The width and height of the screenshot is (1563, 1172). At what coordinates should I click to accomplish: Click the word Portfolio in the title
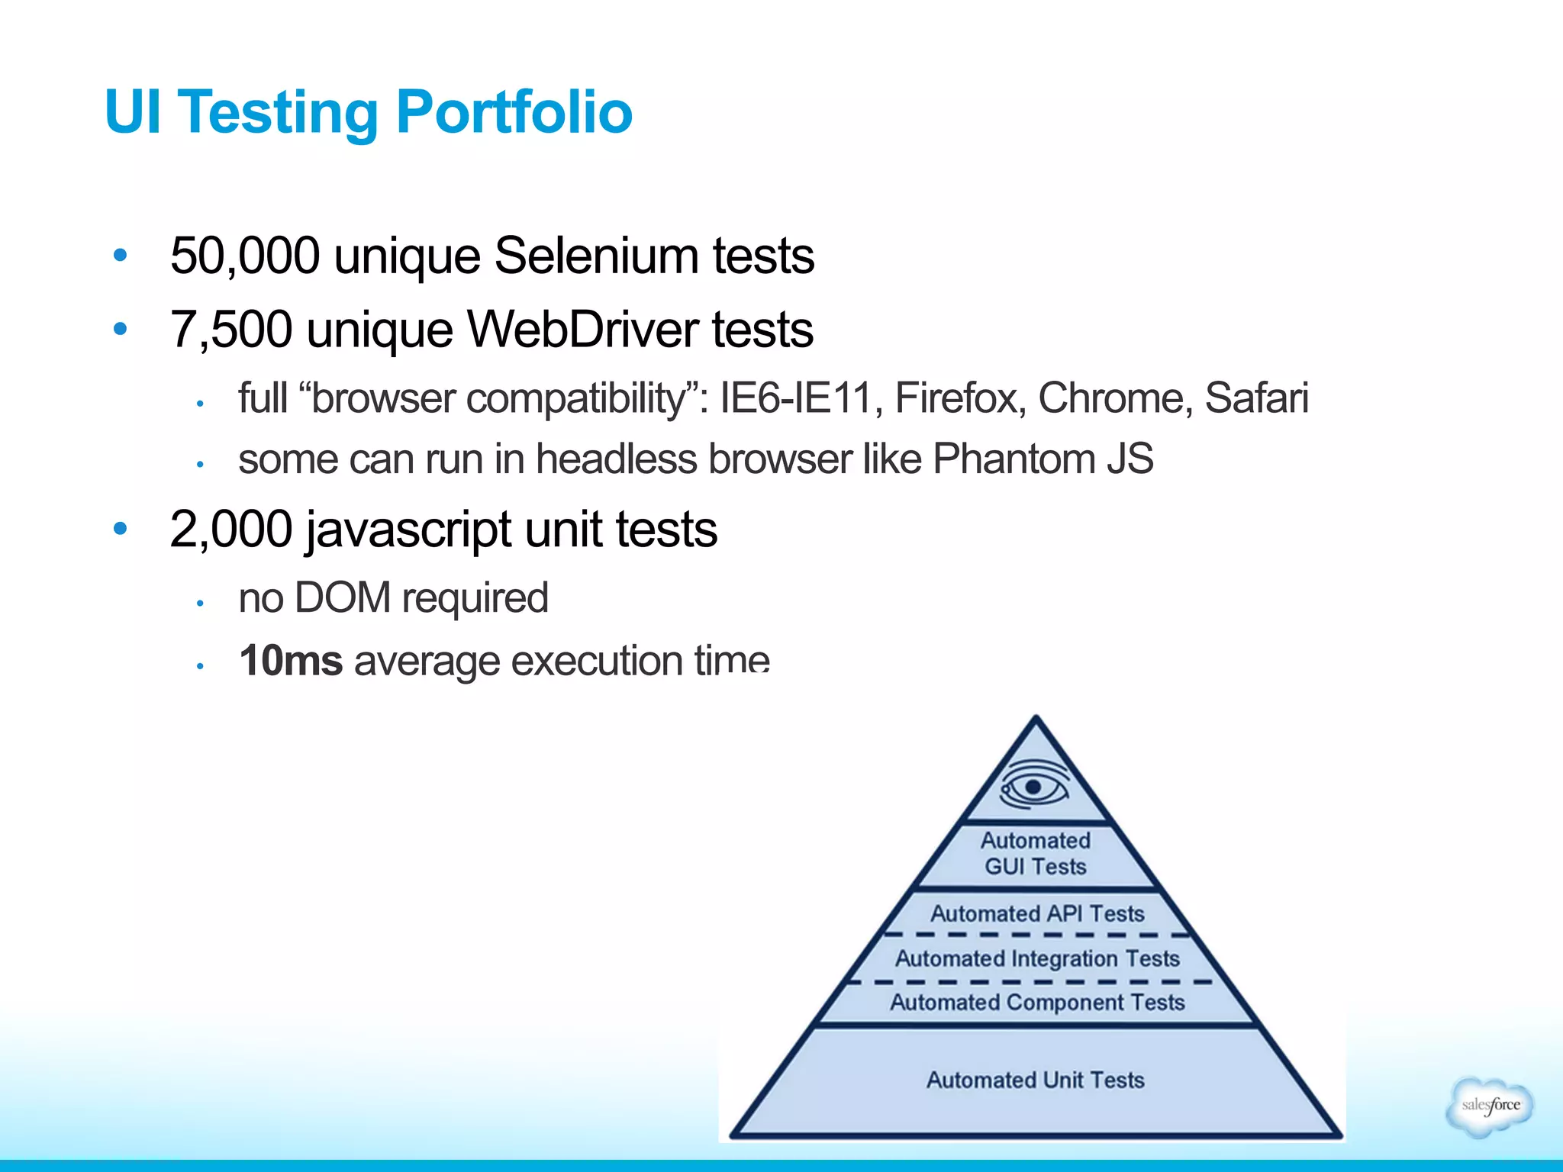coord(514,112)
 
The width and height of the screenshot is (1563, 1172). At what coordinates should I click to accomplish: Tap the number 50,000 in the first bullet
coord(244,256)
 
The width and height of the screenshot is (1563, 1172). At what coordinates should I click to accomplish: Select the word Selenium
coord(595,256)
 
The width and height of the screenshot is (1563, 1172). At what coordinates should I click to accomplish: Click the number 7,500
coord(230,330)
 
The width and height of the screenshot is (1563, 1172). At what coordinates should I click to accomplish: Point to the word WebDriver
coord(582,330)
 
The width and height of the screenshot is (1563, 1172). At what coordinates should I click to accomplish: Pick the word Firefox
coord(959,398)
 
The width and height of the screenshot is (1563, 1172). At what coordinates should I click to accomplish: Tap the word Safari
coord(1256,398)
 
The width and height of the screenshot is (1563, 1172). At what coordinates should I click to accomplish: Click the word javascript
coord(409,530)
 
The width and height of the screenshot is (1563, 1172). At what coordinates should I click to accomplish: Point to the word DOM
coord(342,597)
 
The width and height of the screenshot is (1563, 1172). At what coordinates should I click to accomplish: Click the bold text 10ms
coord(290,661)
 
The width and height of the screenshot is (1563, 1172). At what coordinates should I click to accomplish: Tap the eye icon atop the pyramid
coord(1034,787)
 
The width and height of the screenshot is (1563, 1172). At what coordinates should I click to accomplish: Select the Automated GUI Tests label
coord(1036,854)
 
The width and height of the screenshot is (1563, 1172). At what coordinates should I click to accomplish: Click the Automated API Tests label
coord(1037,913)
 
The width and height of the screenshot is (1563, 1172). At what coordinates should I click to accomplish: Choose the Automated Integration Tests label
coord(1037,958)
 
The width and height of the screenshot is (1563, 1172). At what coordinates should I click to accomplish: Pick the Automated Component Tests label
coord(1037,1002)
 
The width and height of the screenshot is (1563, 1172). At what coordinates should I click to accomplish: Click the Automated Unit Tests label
coord(1036,1080)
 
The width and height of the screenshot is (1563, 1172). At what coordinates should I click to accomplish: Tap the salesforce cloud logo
coord(1489,1106)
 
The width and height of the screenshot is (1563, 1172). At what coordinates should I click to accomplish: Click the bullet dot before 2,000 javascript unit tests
coord(120,528)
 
